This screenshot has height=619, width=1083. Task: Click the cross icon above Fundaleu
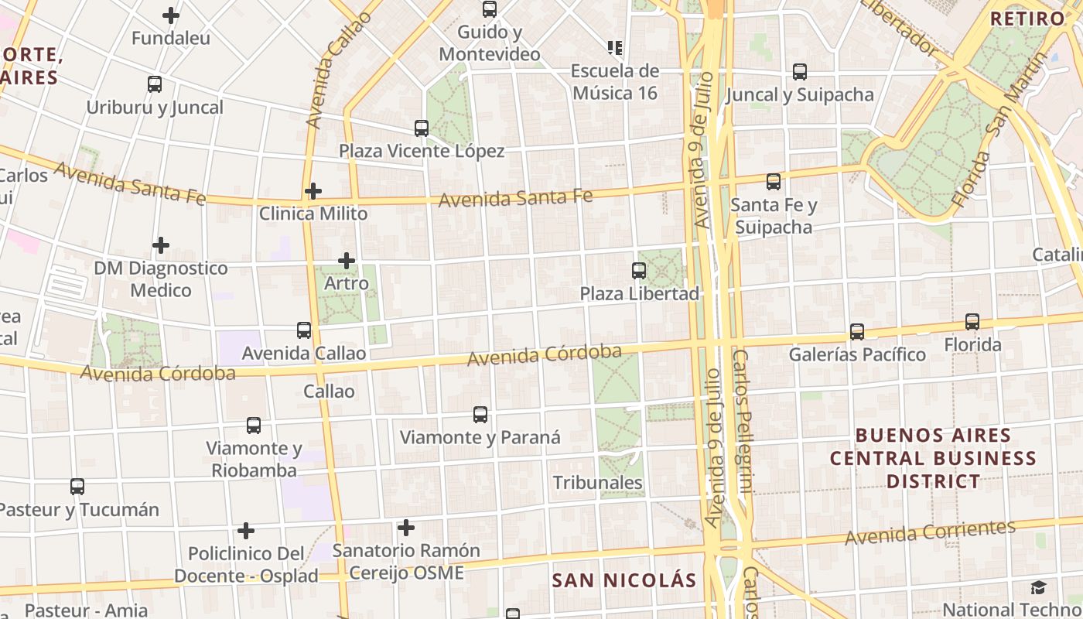click(171, 15)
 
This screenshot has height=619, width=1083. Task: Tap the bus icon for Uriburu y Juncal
click(155, 84)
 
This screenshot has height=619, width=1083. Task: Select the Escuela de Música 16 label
click(615, 82)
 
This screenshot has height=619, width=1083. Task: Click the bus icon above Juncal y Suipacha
click(800, 72)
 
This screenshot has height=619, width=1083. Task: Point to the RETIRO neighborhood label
click(1027, 19)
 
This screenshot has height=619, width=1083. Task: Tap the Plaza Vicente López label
click(422, 151)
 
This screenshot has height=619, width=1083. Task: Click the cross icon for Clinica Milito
click(313, 191)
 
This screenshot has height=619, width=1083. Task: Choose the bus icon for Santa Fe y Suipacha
click(774, 182)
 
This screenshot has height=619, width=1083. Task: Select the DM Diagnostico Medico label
click(161, 279)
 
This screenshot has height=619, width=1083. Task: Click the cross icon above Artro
click(347, 261)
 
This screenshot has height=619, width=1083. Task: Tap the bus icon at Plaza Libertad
click(639, 271)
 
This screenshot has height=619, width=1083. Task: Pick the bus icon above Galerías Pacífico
click(857, 332)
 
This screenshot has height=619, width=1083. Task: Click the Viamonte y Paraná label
click(480, 437)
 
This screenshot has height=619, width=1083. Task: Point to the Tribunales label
click(597, 483)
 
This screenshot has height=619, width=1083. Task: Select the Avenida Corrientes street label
click(930, 532)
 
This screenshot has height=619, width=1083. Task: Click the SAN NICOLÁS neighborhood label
click(624, 580)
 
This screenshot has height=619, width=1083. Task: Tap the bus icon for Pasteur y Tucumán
click(77, 487)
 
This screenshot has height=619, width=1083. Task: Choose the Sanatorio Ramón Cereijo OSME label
click(406, 562)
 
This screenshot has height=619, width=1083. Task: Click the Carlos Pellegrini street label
click(742, 422)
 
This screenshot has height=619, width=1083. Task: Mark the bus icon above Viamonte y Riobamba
click(254, 426)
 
